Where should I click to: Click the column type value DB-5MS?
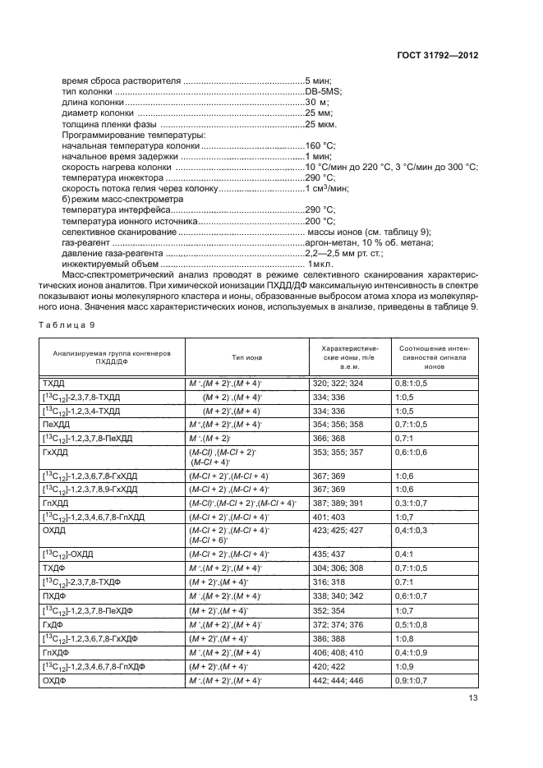(322, 91)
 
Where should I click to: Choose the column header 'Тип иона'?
(248, 358)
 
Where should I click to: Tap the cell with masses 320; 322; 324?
(338, 384)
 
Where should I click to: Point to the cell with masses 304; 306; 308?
(338, 568)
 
